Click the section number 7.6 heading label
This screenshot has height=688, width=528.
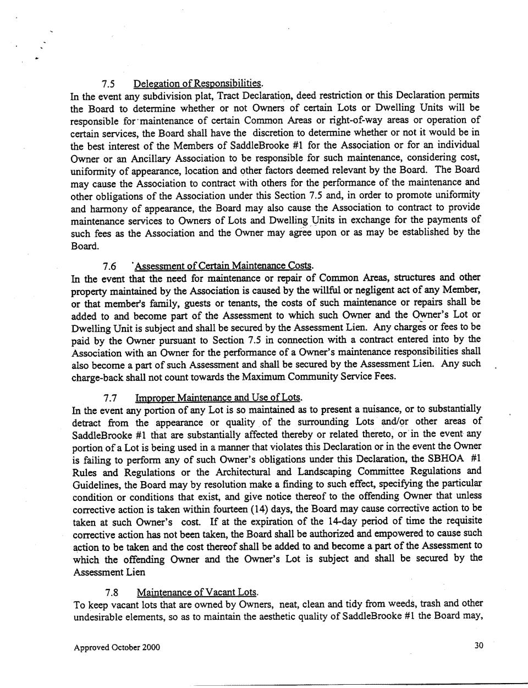pyautogui.click(x=109, y=266)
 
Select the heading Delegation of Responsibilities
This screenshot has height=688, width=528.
pyautogui.click(x=198, y=84)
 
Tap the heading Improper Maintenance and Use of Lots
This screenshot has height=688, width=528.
pyautogui.click(x=218, y=397)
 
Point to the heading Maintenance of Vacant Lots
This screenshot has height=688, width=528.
pyautogui.click(x=196, y=592)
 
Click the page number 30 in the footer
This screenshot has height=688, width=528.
pyautogui.click(x=479, y=646)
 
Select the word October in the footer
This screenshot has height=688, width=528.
pyautogui.click(x=127, y=647)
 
